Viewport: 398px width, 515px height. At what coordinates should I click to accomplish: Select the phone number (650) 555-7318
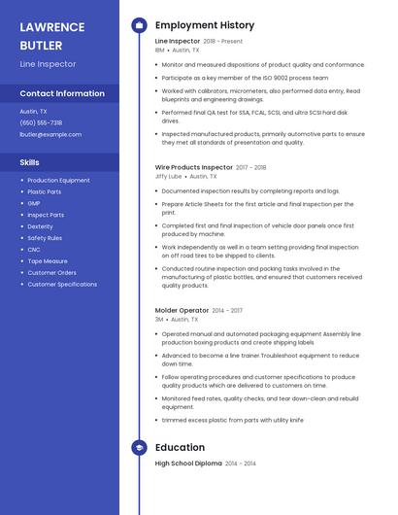[41, 122]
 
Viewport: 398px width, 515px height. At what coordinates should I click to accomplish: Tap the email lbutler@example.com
[50, 134]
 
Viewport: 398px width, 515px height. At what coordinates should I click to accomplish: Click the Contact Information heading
[62, 93]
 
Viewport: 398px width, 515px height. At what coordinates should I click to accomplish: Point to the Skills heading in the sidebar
[30, 162]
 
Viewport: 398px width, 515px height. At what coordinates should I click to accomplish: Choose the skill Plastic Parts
[46, 191]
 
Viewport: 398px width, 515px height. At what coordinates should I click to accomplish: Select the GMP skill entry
[34, 203]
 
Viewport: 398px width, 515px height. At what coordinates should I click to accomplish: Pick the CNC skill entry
[34, 250]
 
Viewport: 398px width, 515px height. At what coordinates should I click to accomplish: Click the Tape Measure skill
[48, 261]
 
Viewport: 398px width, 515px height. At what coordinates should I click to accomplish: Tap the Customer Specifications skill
[62, 285]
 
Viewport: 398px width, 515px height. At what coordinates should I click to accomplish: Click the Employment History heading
[205, 25]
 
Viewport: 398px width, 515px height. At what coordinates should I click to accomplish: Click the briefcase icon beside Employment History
[139, 25]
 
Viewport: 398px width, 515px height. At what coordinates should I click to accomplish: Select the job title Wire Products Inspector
[194, 167]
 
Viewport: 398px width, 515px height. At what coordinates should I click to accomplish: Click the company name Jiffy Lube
[168, 177]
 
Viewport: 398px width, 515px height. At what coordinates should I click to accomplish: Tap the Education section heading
[180, 448]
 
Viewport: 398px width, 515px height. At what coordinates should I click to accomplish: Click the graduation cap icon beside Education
[139, 448]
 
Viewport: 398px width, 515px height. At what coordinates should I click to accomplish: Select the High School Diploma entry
[188, 464]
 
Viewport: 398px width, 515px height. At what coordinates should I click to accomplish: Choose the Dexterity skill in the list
[40, 226]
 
